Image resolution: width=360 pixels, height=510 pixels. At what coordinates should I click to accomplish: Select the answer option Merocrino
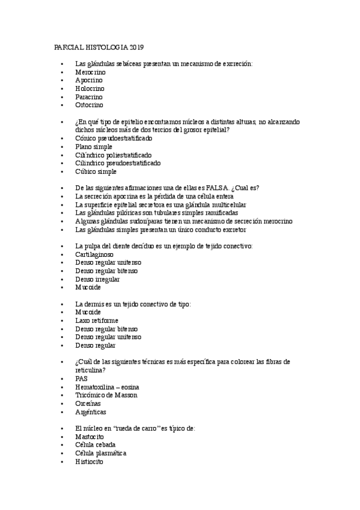90,72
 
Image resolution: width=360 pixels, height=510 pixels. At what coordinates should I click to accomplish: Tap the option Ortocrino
90,105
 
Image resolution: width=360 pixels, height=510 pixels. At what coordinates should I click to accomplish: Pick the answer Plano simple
93,146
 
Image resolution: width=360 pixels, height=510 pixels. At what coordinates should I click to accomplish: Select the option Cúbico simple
96,171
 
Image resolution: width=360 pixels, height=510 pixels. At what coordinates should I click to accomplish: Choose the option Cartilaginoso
96,254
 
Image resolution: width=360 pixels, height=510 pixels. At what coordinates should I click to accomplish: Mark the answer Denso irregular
97,279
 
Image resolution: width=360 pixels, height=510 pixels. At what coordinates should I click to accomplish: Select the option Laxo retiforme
97,321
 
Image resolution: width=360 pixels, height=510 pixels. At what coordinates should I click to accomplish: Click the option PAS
81,379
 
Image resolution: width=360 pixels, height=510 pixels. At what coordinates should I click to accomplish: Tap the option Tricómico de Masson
106,395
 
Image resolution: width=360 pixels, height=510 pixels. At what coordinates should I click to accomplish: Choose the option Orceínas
89,404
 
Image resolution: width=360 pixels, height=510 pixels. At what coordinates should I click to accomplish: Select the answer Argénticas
91,412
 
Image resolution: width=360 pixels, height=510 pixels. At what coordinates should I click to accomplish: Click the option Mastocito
90,437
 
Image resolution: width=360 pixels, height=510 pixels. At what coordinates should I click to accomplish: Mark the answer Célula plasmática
101,453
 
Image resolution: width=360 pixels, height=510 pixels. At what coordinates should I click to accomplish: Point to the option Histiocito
90,461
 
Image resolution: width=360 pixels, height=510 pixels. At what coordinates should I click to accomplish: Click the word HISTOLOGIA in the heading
101,47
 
